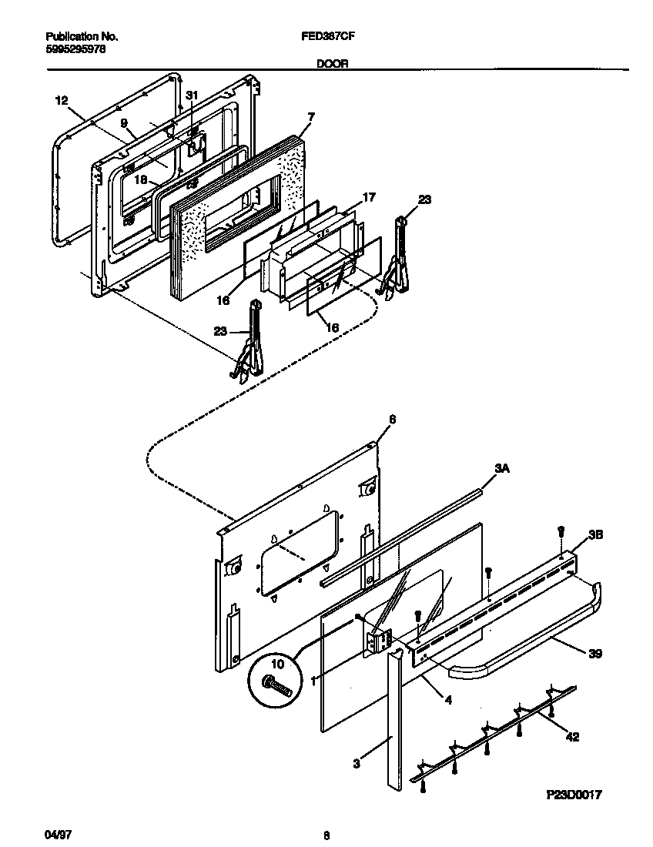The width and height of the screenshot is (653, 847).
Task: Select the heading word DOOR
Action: click(332, 65)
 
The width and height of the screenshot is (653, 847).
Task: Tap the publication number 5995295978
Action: click(75, 48)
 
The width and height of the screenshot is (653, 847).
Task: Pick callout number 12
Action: click(62, 100)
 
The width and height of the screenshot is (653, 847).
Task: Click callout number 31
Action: click(193, 95)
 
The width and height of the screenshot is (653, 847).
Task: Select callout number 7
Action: click(310, 116)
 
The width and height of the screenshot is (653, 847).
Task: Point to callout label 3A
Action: click(501, 467)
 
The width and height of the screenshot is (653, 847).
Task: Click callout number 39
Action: click(595, 654)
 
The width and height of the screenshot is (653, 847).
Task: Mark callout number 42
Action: click(571, 736)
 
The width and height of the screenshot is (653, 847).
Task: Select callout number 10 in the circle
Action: click(278, 664)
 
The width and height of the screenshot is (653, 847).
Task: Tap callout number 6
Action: click(391, 419)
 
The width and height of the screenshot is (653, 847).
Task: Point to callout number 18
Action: click(140, 179)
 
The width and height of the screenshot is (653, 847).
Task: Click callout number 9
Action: click(122, 122)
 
